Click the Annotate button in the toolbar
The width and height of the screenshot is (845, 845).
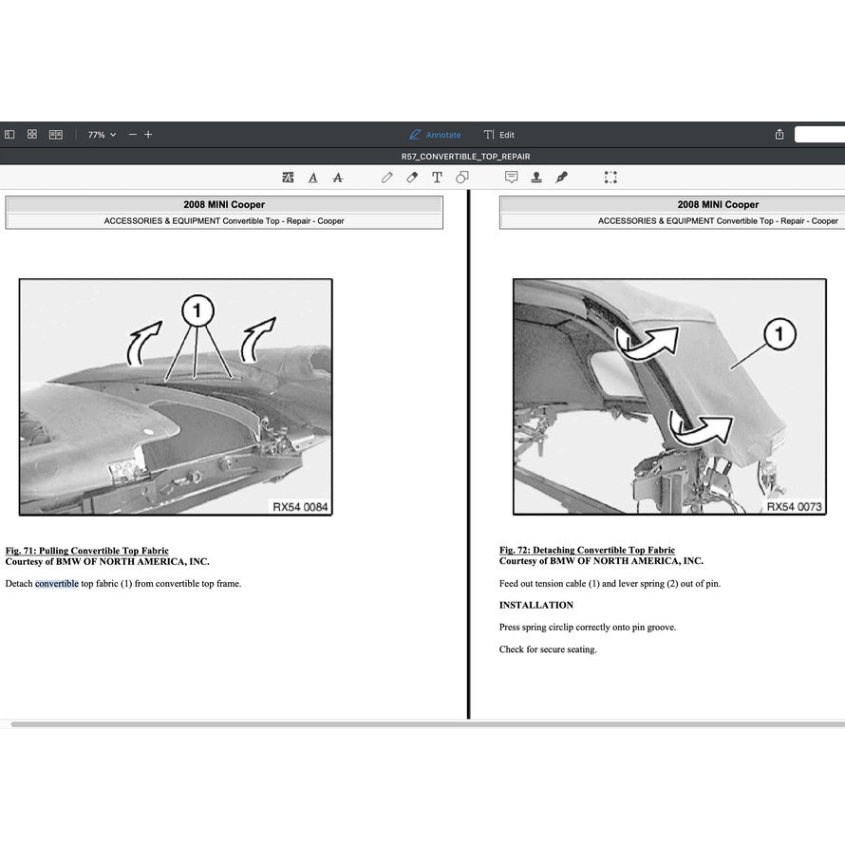pos(435,135)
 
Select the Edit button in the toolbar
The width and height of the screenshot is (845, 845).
pos(499,135)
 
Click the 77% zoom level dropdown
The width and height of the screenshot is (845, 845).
pos(102,135)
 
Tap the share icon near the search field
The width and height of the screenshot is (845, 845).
pos(779,135)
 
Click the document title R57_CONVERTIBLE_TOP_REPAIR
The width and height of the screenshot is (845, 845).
pos(465,157)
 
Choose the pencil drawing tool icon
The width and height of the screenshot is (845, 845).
pos(387,178)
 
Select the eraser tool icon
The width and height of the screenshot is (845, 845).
pos(412,178)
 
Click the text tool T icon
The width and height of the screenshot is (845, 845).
pos(437,178)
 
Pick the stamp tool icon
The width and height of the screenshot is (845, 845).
pos(536,178)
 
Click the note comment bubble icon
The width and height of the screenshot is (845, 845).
pos(512,178)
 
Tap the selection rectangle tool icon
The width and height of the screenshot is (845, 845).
pos(610,178)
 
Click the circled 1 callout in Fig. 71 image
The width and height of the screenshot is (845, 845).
pos(197,310)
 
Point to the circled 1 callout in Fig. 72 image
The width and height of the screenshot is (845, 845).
pos(779,333)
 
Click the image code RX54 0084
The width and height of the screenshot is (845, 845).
pos(300,507)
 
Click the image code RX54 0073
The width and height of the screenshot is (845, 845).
pos(794,507)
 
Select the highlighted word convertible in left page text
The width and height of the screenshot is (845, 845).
pos(57,584)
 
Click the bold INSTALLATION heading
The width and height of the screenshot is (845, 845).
pos(536,605)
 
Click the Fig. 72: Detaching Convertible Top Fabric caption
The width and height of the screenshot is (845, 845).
pos(587,551)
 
